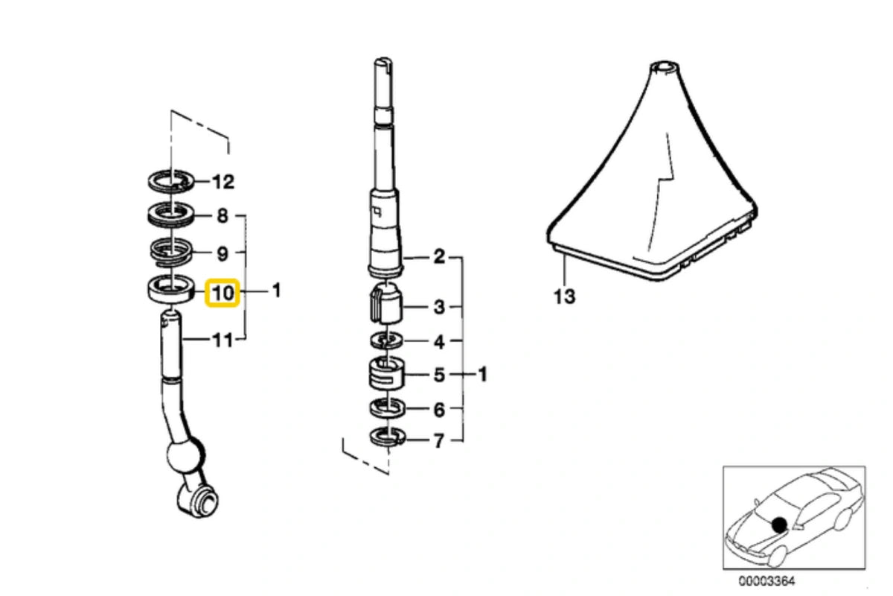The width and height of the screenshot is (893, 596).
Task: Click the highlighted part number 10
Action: pos(223,294)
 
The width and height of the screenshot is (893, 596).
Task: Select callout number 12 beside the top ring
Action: pos(223,182)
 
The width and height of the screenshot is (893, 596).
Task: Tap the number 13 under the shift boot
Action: pos(565,297)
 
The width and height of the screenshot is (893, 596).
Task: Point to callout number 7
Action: pos(438,441)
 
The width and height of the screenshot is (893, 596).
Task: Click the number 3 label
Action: pos(439,307)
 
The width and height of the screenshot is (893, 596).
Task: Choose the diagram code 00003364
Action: pos(766,581)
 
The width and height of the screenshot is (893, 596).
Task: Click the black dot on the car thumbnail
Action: pos(779,525)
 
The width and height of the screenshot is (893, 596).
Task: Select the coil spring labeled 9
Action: pos(171,253)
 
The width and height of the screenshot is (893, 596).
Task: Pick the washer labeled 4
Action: pos(386,341)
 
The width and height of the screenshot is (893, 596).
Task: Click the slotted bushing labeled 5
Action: pos(386,374)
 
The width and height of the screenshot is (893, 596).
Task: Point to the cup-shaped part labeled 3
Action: pos(386,302)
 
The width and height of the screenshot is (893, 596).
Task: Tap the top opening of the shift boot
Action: pos(663,66)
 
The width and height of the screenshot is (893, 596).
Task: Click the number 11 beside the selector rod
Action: pos(223,340)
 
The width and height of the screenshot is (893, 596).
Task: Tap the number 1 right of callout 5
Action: pos(482,375)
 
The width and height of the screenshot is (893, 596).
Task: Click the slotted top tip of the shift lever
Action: pos(383,63)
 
